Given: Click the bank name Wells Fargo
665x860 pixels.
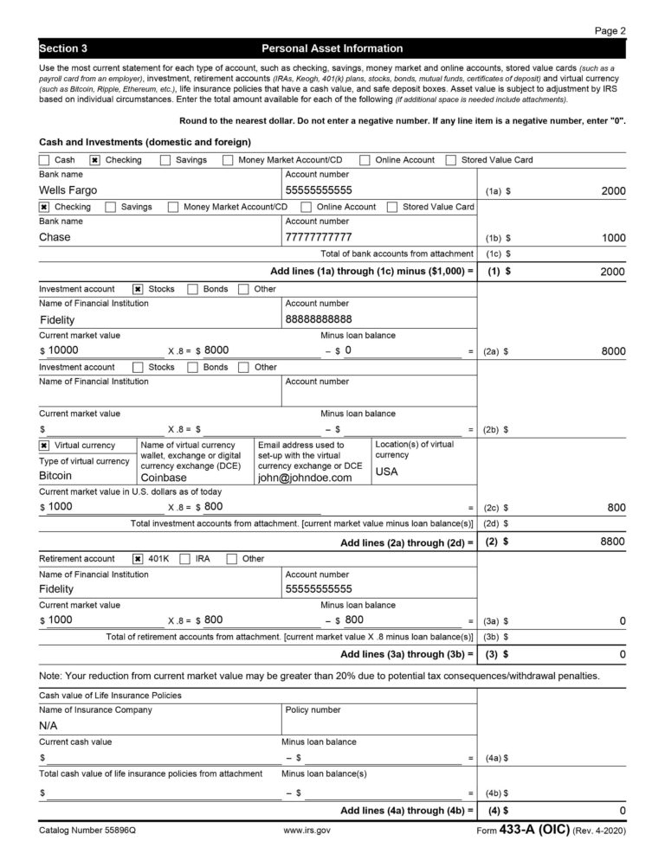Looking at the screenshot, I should point(68,190).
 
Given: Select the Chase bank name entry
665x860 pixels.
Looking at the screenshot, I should point(55,237).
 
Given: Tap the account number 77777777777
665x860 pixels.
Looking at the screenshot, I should point(319,237).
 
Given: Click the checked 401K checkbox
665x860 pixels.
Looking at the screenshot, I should point(138,559).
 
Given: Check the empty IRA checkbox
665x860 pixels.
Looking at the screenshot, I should point(184,559).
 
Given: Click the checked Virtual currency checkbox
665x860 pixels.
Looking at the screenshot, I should point(44,446).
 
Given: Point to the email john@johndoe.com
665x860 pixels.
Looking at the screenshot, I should point(305,478).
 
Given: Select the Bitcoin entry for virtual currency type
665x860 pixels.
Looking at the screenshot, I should point(55,476).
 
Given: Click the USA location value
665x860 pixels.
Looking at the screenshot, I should point(386,472).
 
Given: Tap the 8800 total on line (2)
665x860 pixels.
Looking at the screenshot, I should point(613,542).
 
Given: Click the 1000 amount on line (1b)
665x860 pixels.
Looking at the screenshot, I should point(613,238).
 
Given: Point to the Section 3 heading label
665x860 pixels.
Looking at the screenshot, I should point(63,48).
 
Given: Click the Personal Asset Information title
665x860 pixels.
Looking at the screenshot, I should point(332,48).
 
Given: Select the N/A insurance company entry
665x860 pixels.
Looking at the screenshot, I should point(48,726).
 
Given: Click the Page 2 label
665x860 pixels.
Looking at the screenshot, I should point(610,30).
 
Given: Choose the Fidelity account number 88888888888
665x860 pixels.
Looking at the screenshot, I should point(319,319).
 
